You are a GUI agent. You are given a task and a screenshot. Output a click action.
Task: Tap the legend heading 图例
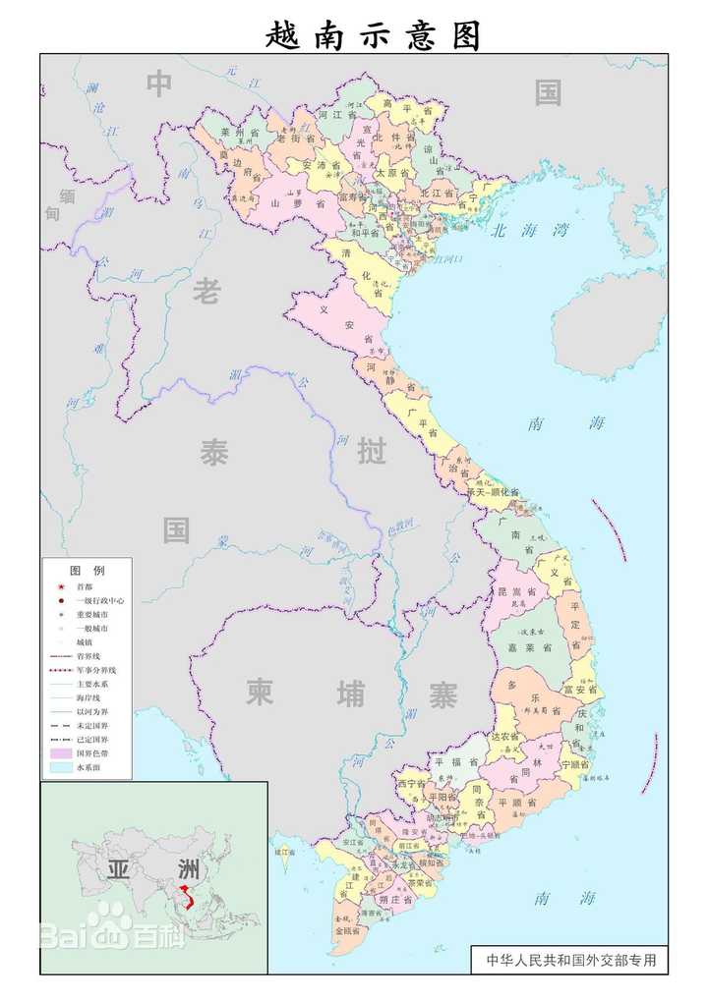[86, 570]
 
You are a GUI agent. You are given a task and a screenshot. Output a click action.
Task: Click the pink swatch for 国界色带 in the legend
[60, 751]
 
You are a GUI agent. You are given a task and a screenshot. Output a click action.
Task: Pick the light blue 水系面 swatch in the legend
[60, 766]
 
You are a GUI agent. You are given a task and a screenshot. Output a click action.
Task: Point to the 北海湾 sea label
[530, 231]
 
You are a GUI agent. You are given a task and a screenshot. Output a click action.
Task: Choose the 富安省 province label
[580, 690]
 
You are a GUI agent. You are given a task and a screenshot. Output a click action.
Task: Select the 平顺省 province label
[516, 802]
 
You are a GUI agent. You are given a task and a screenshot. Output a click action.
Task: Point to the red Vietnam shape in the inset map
[184, 894]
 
